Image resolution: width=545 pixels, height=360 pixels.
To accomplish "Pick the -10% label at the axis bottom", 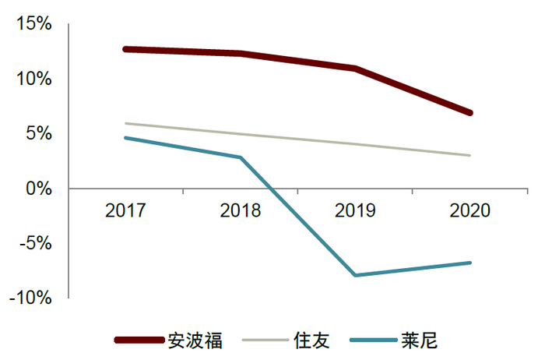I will [32, 298].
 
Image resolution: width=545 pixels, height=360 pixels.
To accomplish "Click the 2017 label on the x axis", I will [125, 210].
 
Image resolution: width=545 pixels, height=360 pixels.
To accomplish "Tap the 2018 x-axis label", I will [241, 210].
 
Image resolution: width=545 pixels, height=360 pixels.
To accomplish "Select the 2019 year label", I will [355, 210].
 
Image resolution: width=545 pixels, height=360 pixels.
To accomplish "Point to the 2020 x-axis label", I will [469, 210].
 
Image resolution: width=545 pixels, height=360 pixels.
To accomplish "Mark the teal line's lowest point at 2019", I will [355, 275].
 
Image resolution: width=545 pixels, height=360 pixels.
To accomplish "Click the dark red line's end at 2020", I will [469, 113].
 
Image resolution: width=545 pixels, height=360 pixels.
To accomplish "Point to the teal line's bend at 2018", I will [241, 157].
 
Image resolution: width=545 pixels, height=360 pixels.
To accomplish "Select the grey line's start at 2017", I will [125, 123].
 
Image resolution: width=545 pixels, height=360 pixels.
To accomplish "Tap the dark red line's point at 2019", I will [355, 69].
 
